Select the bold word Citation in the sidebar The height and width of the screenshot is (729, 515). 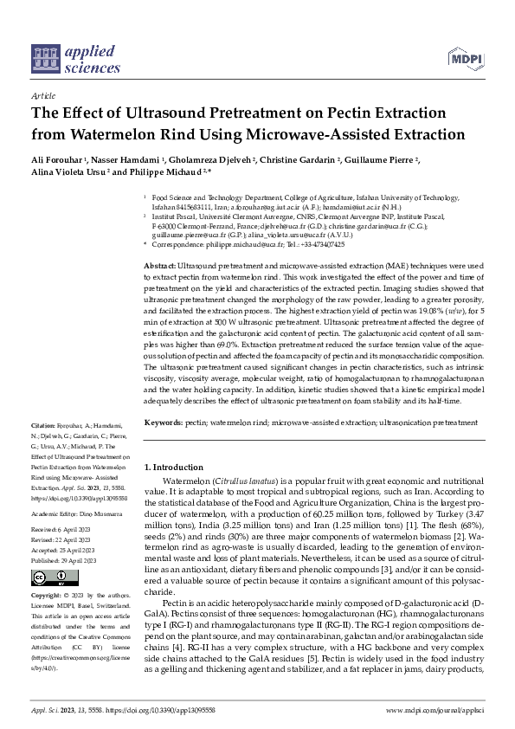43,425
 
